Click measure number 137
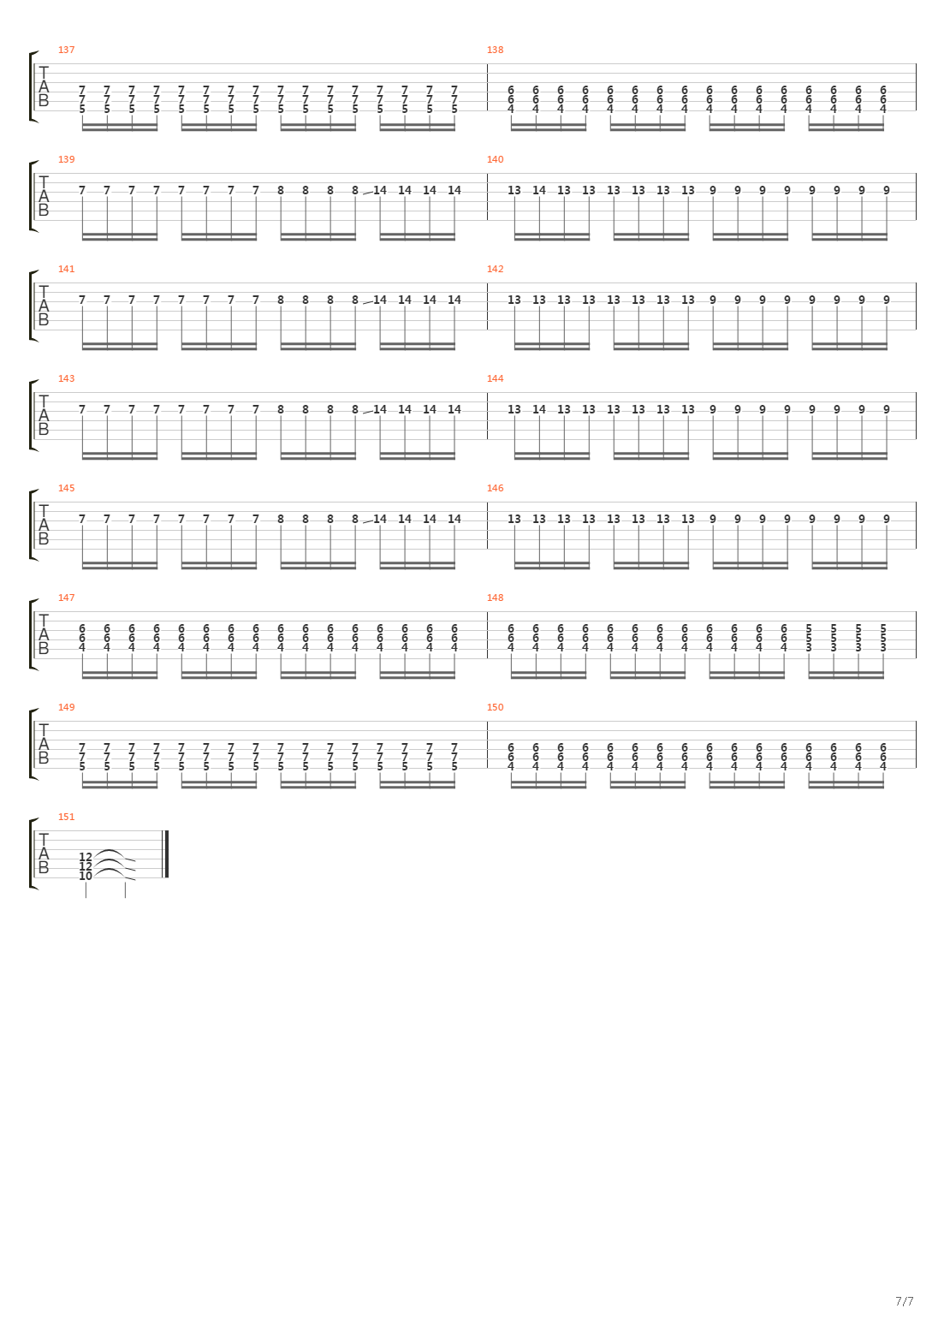66,50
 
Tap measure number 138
495,50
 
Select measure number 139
66,159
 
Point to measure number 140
495,159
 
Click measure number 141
66,269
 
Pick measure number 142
495,269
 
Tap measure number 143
66,378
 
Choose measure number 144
495,378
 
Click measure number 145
66,488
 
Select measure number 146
495,488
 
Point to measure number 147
66,598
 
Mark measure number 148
495,598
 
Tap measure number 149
66,707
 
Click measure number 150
495,707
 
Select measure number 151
66,817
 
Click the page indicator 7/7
904,1302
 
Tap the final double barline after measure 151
166,854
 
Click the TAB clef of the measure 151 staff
44,854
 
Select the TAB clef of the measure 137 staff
44,87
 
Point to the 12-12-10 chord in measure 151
86,865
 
